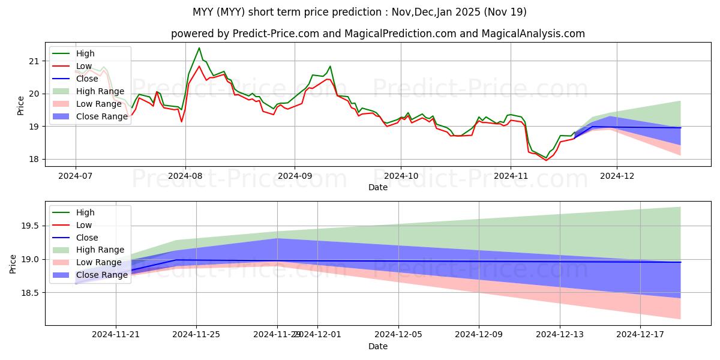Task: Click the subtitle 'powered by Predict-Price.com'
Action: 377,34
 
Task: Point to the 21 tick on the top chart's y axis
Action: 34,61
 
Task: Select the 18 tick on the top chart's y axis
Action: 34,160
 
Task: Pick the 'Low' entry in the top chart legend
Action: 84,65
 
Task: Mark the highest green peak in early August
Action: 199,48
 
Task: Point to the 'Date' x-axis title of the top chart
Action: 377,187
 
